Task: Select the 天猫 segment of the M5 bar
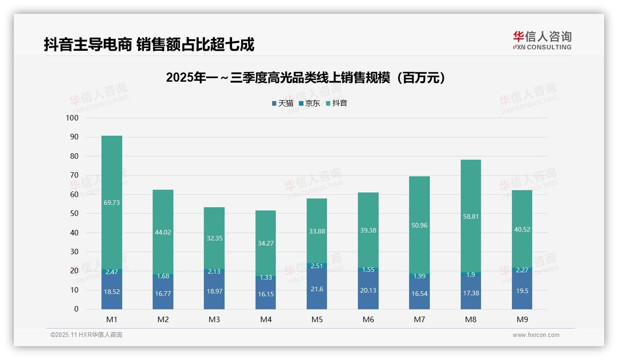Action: coord(317,288)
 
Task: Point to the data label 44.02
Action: coord(163,232)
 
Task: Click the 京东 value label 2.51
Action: coord(317,266)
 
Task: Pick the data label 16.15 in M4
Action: coord(266,294)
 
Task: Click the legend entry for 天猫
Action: coord(282,103)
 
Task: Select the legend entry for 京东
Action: coord(309,103)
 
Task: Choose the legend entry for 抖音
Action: coord(336,103)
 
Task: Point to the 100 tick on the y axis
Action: coord(72,118)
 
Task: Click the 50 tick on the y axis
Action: coord(74,214)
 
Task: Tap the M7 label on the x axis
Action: coord(419,319)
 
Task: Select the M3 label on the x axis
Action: coord(214,319)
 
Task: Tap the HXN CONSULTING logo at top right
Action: coord(542,41)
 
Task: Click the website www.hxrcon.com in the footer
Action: coord(536,335)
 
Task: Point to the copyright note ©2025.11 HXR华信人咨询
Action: coord(86,335)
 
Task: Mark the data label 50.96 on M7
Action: coord(419,226)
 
